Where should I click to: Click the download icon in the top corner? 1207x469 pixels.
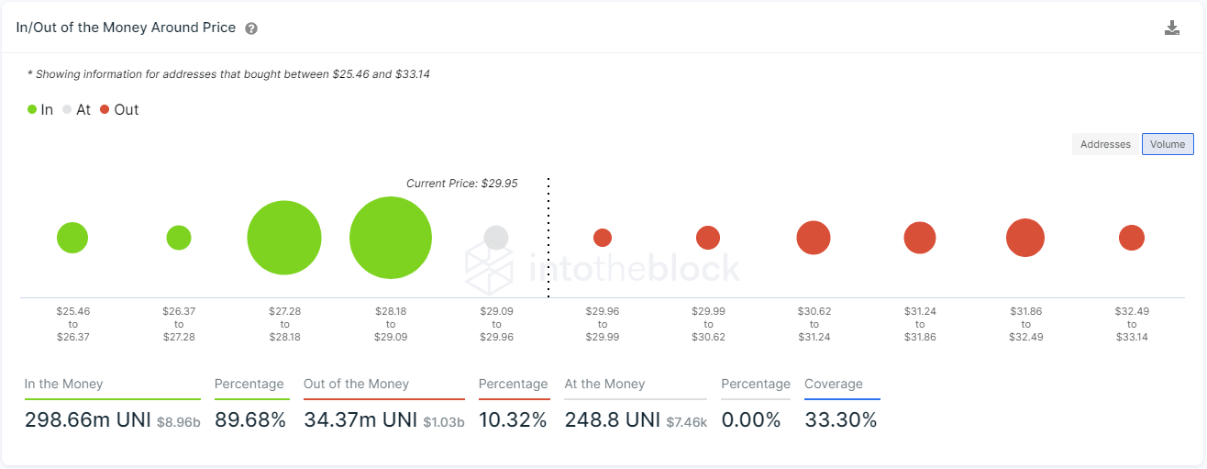pos(1171,28)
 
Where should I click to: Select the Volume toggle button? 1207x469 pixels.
pos(1168,144)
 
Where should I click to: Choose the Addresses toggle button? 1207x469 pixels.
pos(1105,144)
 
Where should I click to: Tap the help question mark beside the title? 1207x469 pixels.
pos(251,28)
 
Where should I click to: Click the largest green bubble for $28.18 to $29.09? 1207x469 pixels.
pos(391,238)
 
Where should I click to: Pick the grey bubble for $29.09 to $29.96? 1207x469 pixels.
pos(496,238)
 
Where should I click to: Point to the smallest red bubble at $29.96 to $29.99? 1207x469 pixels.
pos(603,238)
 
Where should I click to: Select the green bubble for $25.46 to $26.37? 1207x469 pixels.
pos(72,238)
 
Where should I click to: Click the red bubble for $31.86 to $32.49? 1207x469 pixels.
pos(1025,238)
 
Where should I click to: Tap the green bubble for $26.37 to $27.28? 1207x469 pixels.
pos(179,238)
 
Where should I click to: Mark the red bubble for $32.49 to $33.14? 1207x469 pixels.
pos(1132,238)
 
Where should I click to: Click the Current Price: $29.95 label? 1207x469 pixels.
pos(461,184)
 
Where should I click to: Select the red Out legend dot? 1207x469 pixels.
pos(105,110)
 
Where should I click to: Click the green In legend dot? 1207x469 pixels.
pos(32,110)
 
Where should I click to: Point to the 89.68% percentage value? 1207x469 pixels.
pos(250,420)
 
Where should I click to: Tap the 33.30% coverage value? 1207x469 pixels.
pos(840,420)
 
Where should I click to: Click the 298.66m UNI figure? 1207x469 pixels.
pos(87,420)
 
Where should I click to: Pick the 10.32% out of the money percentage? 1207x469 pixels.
pos(513,420)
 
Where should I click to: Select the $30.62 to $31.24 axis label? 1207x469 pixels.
pos(814,324)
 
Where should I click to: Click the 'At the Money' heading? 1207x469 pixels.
pos(604,384)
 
